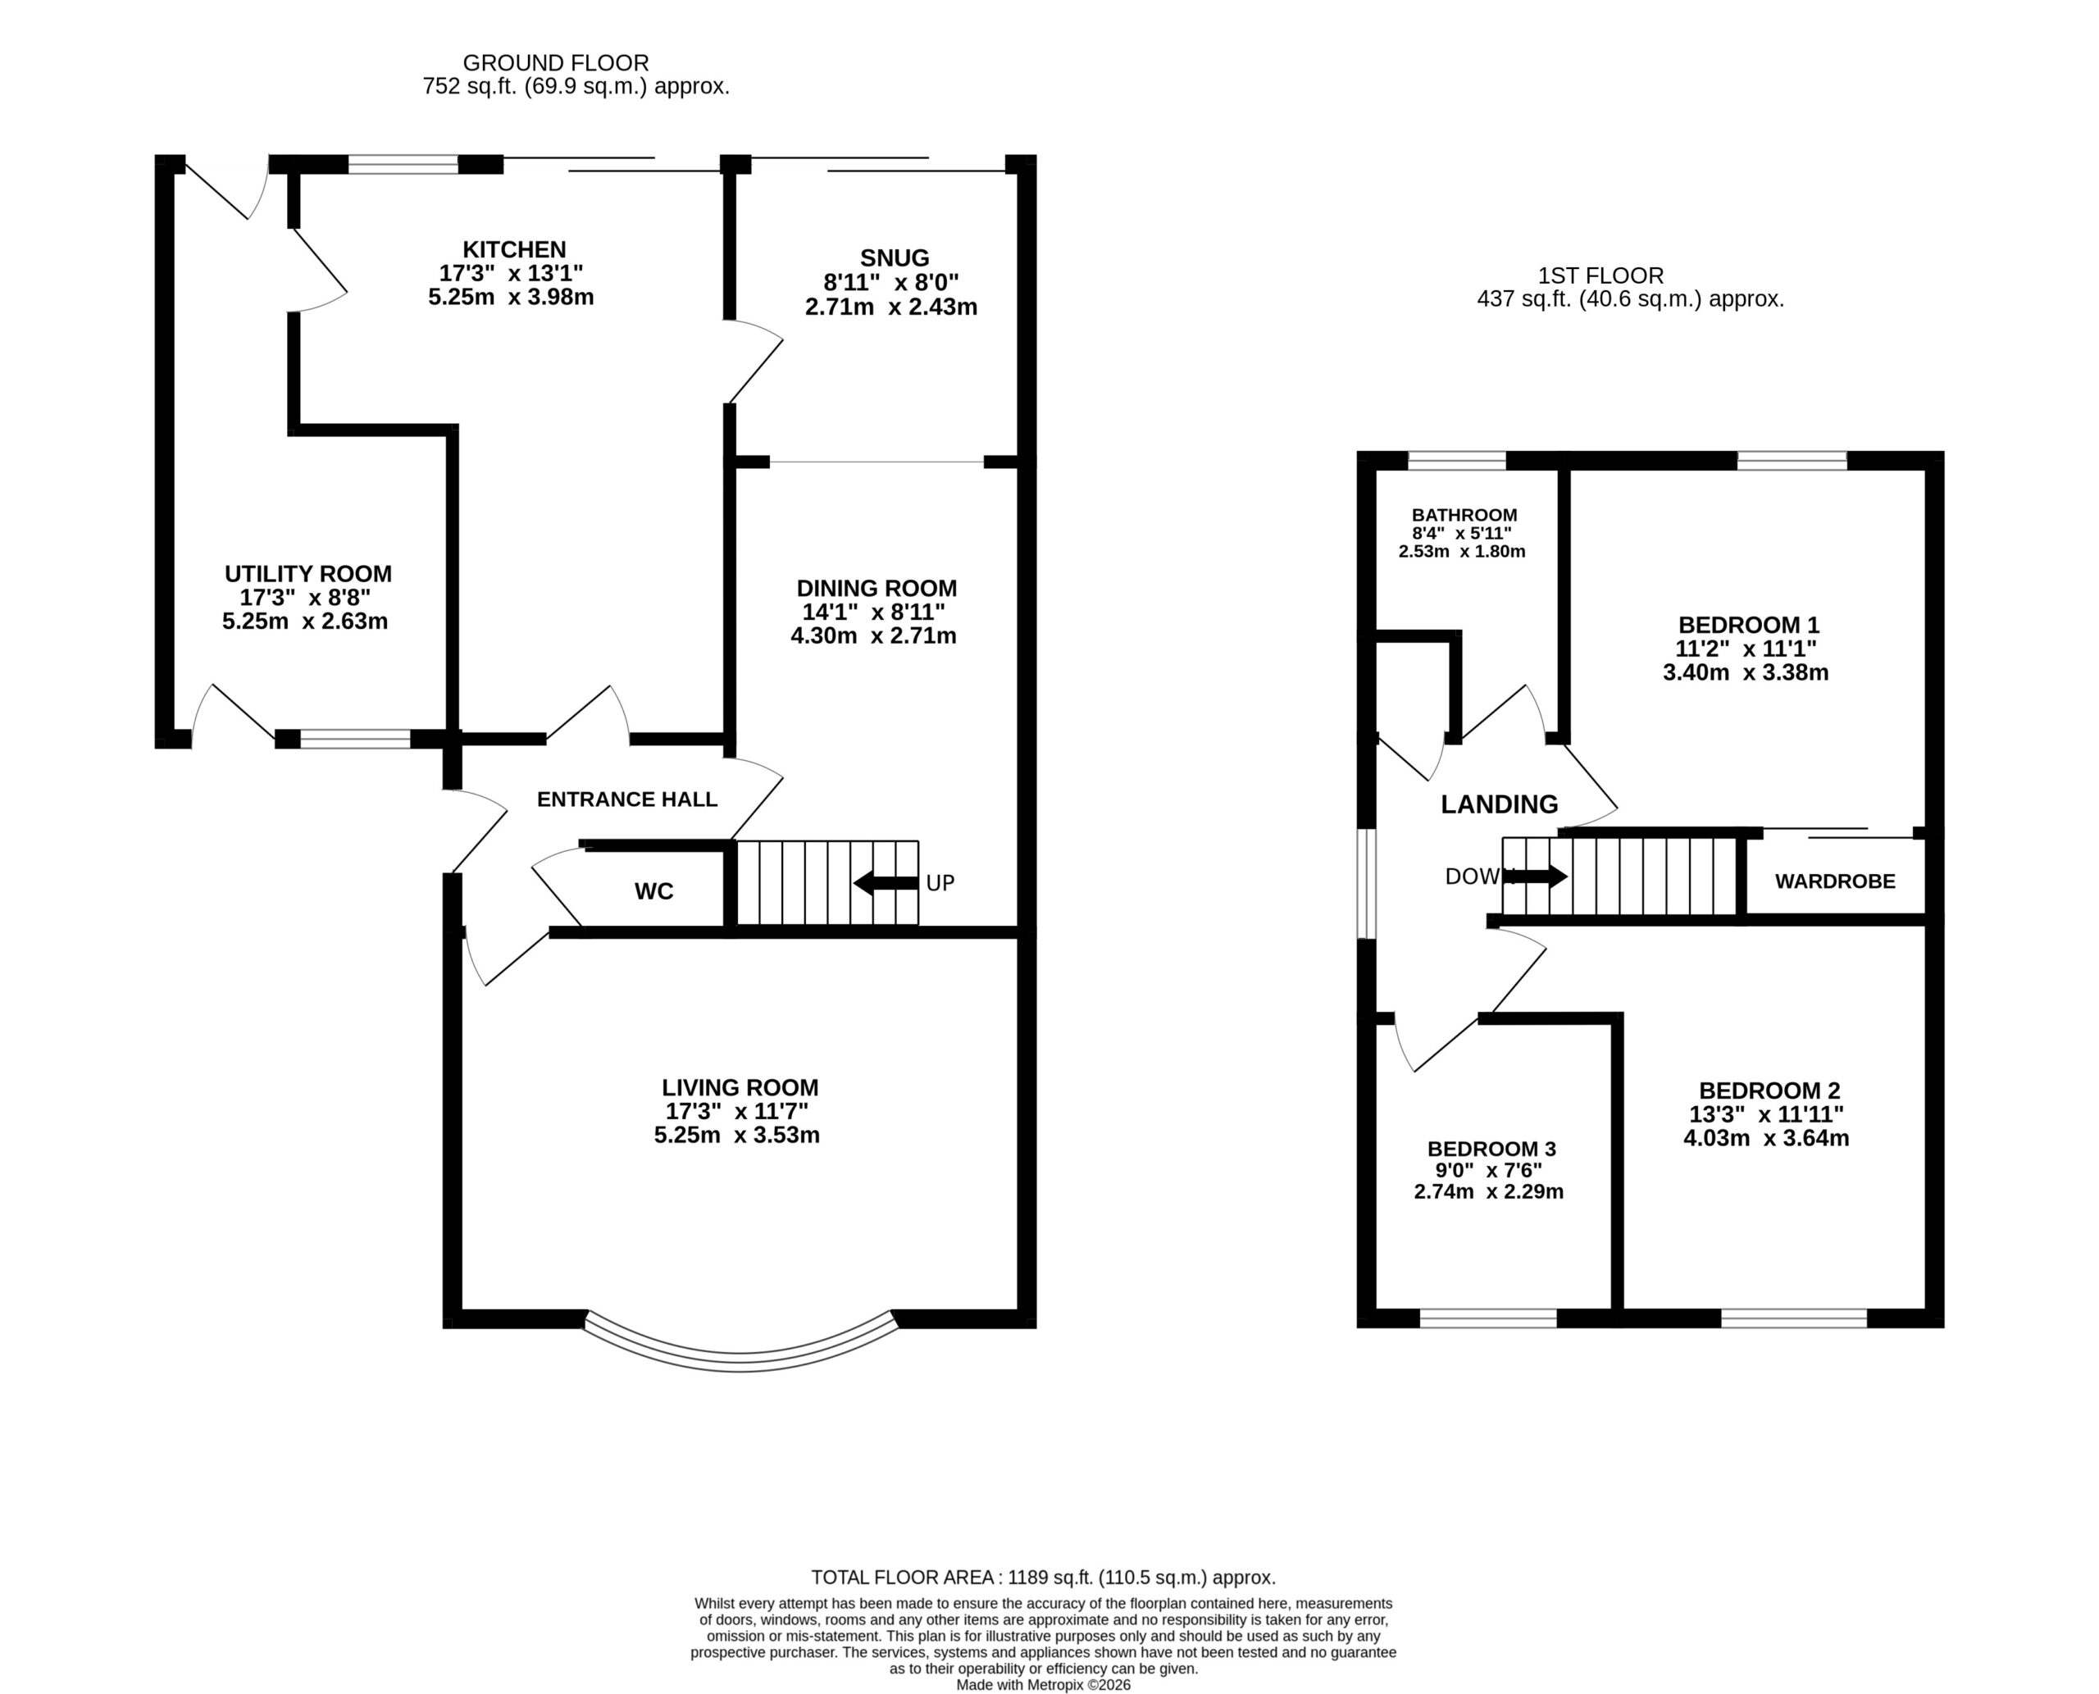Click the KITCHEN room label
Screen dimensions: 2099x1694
pos(514,250)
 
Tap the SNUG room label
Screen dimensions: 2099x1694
pos(894,258)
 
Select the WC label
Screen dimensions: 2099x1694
pos(653,891)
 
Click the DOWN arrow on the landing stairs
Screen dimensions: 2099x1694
pos(1537,877)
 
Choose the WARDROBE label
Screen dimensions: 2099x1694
pos(1834,881)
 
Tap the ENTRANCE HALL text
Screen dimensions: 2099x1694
pos(626,799)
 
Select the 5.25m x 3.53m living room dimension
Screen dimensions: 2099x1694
pos(737,1135)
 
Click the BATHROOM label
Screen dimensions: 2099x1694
pos(1464,515)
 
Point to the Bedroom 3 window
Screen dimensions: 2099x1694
pos(1488,1318)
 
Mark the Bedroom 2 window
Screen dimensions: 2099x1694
pos(1793,1318)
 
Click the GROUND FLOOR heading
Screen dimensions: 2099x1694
pos(555,63)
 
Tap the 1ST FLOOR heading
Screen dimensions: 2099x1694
pos(1601,276)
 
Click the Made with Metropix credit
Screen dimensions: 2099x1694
pos(1043,1684)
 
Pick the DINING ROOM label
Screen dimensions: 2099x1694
pos(876,589)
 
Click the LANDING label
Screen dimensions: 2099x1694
pos(1499,804)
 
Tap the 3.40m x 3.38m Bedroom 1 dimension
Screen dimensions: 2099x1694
pos(1746,672)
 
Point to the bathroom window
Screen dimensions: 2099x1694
pos(1457,461)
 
